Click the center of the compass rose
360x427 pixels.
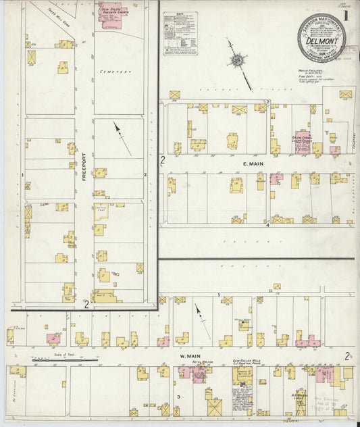pos(237,61)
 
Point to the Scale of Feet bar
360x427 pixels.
pos(64,361)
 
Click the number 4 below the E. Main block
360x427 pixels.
pos(267,224)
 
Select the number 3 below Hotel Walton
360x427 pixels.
pos(178,397)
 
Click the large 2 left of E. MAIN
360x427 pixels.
pos(163,160)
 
